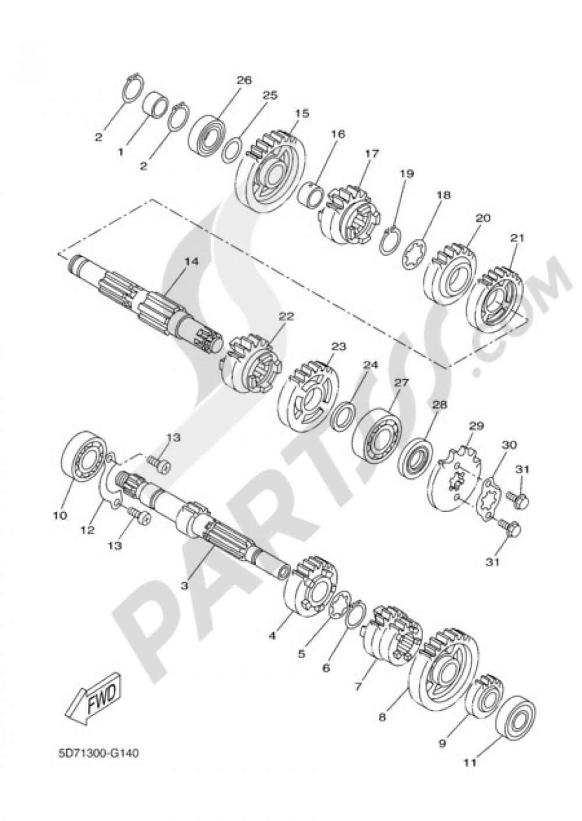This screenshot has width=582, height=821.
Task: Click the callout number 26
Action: (x=244, y=80)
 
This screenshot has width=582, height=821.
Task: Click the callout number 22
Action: (x=286, y=317)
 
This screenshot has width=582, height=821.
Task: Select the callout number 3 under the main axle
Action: (x=184, y=585)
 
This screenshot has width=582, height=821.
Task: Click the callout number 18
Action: (x=443, y=196)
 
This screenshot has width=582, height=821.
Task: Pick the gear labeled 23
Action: (x=309, y=390)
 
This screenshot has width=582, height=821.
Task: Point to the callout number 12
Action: (x=87, y=531)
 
